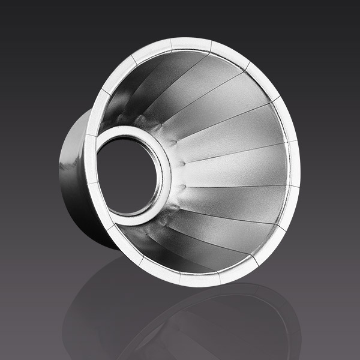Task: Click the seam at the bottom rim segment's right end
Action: click(219, 277)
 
